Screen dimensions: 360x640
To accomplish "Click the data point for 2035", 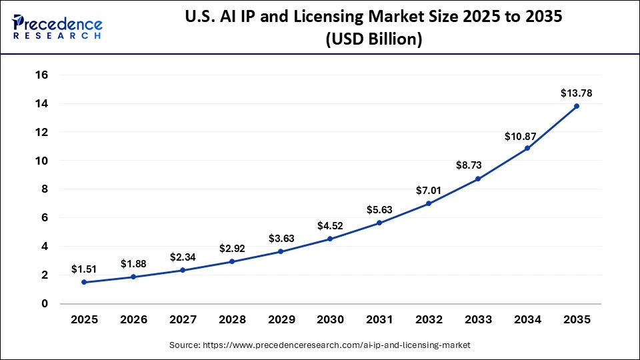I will point(577,106).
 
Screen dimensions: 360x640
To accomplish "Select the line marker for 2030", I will point(330,239).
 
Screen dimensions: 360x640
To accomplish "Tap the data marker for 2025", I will point(84,282).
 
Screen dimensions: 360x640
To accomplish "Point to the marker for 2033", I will point(478,179).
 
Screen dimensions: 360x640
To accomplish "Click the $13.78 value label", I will point(576,93).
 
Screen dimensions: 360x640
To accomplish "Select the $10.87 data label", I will point(527,135).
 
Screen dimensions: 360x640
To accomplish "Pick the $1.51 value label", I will point(84,269).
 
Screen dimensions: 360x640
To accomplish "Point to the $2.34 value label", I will point(183,257).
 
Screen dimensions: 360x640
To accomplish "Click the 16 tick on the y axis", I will point(41,75).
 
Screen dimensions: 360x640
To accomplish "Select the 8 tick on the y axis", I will point(45,189).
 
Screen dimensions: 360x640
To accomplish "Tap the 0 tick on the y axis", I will point(45,303).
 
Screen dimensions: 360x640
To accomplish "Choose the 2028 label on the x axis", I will point(232,320).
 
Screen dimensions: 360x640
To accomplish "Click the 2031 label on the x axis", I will point(379,320).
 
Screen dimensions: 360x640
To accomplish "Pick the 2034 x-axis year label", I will point(527,320).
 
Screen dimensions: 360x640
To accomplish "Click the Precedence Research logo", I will point(56,27).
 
